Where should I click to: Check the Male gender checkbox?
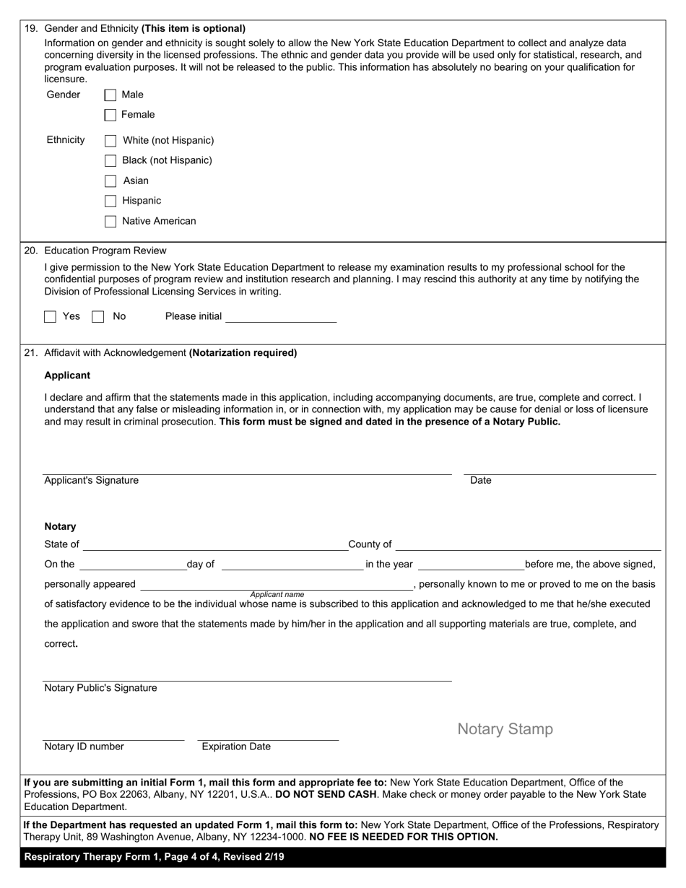coord(110,95)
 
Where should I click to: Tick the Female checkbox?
coord(110,115)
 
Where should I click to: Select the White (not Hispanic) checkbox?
coord(110,141)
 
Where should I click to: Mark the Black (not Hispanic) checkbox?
coord(110,161)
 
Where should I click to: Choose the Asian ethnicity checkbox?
coord(110,181)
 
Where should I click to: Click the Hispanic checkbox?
coord(110,201)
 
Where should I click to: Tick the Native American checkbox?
coord(110,222)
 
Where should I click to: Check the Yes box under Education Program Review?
coord(51,316)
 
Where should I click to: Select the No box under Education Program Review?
coord(98,316)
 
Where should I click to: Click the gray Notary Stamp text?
coord(505,729)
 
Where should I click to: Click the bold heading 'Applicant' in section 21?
coord(67,375)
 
